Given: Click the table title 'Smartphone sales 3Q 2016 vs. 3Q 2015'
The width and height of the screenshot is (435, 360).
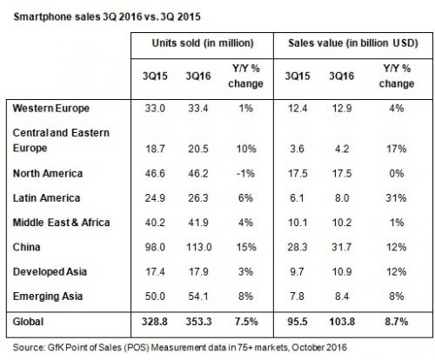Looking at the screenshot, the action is [107, 17].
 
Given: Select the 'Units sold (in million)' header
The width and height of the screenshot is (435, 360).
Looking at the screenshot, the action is [203, 43].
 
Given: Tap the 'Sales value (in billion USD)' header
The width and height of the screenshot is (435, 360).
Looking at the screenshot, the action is [353, 43].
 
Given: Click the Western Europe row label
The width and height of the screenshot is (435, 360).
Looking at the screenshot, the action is [51, 109].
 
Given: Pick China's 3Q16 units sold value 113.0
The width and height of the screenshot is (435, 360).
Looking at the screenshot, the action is [198, 247].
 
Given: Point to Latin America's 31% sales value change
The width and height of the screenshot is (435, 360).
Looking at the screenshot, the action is [396, 198].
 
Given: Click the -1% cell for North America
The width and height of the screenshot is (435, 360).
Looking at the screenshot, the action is [245, 174].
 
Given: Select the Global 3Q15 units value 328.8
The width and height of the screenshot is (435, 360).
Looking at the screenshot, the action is [155, 322].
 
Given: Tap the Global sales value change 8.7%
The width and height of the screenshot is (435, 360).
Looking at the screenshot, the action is [397, 322].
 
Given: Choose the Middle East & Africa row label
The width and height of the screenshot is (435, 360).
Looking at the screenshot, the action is [62, 223].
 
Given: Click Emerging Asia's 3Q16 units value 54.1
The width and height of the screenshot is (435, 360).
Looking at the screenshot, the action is [198, 297].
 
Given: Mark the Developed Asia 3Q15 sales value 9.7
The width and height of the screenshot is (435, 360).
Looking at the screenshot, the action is [297, 272].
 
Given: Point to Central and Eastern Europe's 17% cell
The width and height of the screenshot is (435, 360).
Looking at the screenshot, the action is [396, 149].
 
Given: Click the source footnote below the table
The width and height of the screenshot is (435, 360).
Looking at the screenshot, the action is [180, 347].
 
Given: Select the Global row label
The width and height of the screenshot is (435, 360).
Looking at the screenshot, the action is [28, 322].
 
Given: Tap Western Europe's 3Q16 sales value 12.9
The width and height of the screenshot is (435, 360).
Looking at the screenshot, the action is [342, 109].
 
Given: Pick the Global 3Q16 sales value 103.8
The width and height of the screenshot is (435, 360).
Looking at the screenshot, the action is [342, 322].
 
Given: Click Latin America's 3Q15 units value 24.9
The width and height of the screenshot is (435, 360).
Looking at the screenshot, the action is [155, 198].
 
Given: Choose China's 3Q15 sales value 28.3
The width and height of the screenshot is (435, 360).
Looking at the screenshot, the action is [298, 247].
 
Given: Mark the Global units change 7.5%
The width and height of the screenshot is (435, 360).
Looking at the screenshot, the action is [246, 322].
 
